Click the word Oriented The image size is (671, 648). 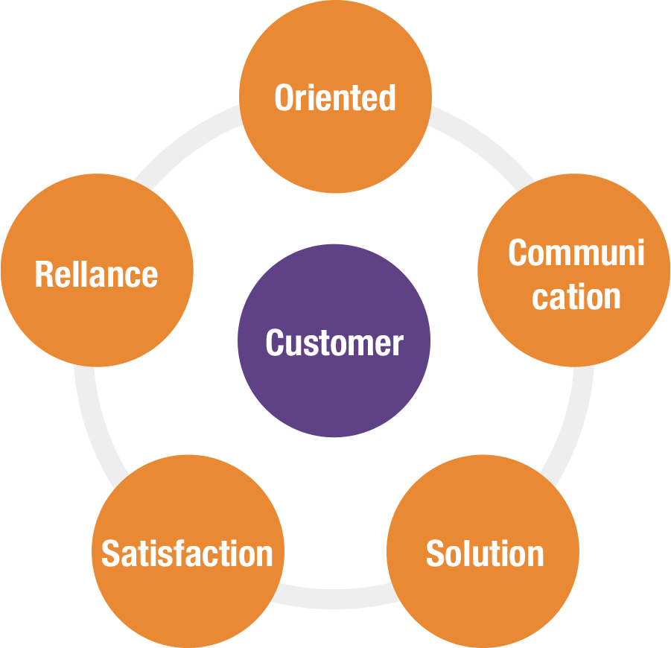(x=335, y=98)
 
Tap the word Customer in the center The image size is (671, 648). (x=334, y=343)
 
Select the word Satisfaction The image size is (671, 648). (x=187, y=554)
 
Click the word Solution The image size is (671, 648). (x=485, y=554)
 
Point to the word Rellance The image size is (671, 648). (x=97, y=274)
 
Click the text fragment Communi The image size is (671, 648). (x=576, y=253)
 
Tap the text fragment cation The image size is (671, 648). (x=576, y=296)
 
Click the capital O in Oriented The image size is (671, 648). (x=284, y=98)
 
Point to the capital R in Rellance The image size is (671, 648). (x=44, y=274)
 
